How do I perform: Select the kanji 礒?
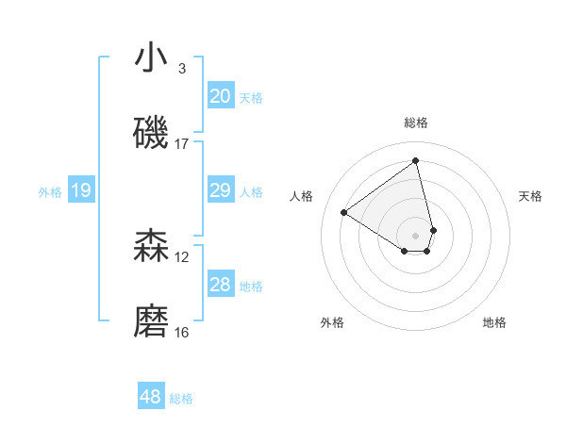pos(151,133)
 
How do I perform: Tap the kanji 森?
pos(151,246)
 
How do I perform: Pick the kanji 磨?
pos(151,321)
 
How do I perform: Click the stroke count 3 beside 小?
pos(181,69)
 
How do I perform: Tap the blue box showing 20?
pos(221,96)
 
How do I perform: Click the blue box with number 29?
pos(221,191)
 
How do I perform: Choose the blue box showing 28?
pos(221,286)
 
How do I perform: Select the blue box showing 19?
pos(80,191)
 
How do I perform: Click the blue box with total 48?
pos(151,397)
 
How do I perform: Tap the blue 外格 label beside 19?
pos(50,192)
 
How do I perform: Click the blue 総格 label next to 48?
pos(181,399)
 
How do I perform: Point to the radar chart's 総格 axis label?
pos(416,123)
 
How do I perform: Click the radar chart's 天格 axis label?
pos(530,196)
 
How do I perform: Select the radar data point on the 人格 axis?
pos(344,212)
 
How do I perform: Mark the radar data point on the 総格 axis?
pos(416,160)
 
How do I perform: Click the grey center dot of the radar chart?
pos(416,235)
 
